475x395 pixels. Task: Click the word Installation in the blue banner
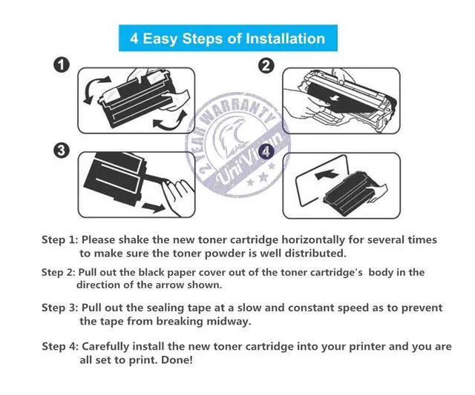[285, 39]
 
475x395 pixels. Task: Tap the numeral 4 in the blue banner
[134, 39]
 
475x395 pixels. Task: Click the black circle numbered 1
[62, 64]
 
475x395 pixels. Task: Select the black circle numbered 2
[266, 66]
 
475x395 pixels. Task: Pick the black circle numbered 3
[62, 150]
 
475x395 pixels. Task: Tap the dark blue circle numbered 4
[266, 151]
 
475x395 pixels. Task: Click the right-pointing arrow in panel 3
[154, 208]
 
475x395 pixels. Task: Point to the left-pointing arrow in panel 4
[327, 174]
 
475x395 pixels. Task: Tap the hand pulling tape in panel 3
[177, 196]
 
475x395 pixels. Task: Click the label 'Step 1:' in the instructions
[59, 240]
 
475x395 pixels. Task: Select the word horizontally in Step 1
[313, 240]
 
